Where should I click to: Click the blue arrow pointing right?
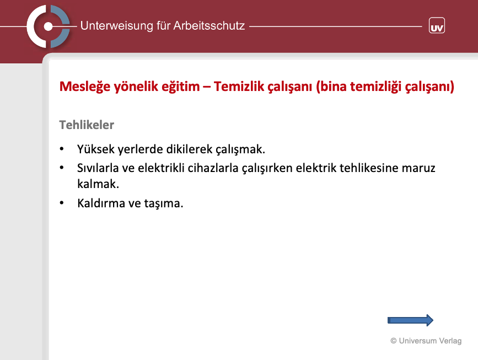click(410, 320)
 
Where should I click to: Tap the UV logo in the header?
click(437, 25)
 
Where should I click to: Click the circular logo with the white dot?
click(48, 26)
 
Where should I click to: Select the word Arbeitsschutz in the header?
click(209, 25)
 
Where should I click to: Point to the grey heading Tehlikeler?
click(87, 125)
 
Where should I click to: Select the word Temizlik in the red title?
click(239, 86)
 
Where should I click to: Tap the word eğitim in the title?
click(180, 87)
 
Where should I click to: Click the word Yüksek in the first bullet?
click(96, 149)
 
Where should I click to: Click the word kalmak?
click(98, 184)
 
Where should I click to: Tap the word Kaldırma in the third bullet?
click(101, 203)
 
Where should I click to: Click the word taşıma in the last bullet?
click(163, 203)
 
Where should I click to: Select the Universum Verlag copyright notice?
click(426, 341)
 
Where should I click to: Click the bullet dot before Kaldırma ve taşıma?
click(62, 203)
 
